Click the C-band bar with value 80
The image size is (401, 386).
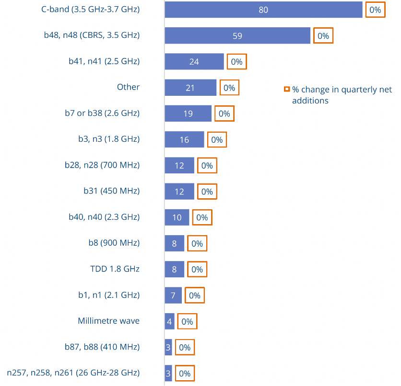point(263,10)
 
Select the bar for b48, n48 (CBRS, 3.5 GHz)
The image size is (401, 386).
point(237,35)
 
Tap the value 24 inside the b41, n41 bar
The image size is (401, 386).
point(194,62)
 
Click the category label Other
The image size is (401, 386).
point(128,87)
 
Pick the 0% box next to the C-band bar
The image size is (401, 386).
point(375,10)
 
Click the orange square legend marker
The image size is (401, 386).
point(287,89)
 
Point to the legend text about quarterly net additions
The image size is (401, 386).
point(342,95)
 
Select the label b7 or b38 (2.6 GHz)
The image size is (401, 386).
point(102,113)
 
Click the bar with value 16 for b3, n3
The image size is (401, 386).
point(184,139)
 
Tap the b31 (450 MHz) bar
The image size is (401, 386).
point(179,192)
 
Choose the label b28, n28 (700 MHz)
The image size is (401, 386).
point(102,165)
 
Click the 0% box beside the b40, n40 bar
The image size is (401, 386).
point(202,217)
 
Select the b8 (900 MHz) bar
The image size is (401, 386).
point(175,243)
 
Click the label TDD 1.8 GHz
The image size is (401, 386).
point(115,269)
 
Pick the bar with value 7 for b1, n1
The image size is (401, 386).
point(173,295)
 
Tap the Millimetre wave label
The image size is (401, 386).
point(108,321)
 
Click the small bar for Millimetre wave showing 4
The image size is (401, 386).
point(169,321)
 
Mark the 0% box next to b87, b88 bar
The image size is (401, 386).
point(185,348)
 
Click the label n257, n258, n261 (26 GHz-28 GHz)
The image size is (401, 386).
point(73,373)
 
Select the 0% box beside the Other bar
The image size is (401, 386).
point(229,88)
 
